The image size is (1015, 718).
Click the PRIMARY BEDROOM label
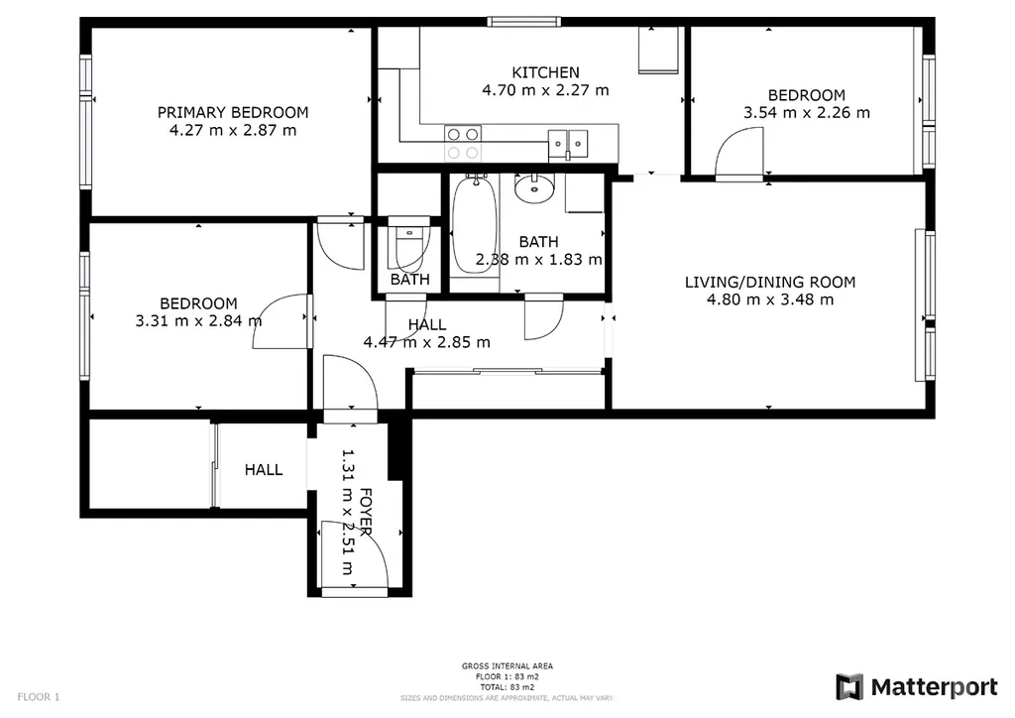coord(233,112)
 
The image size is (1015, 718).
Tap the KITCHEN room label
coord(546,72)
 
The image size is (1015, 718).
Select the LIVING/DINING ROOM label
coord(770,283)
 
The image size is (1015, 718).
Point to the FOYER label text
coord(366,512)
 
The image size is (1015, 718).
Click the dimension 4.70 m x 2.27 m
coord(546,90)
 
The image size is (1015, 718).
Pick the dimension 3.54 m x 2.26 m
coord(807,113)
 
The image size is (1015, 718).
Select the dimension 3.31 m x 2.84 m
coord(198,320)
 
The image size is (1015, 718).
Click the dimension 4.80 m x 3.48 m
coord(770,299)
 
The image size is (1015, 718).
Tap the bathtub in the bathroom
coord(475,225)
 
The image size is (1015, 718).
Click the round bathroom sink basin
coord(534,188)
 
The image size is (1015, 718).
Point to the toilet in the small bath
coord(408,243)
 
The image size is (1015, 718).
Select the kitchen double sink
coord(568,144)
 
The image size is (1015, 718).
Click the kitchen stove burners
coord(463,143)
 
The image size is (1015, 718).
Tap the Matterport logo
coord(917,687)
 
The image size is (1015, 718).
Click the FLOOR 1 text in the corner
coord(39,697)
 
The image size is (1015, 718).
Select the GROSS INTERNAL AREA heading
coord(507,665)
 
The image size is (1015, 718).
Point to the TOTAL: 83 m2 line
coord(507,687)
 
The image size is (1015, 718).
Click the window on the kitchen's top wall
coord(524,22)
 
